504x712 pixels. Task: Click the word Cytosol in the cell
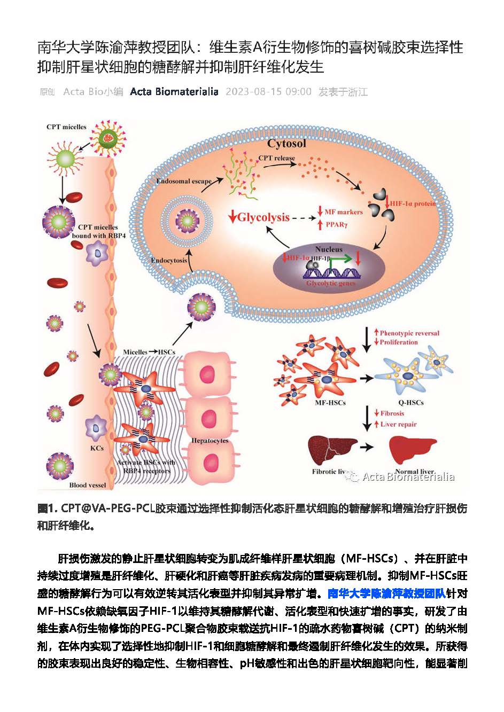[x=286, y=143]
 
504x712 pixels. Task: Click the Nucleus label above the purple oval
[x=329, y=249]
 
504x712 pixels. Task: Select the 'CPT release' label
[x=276, y=158]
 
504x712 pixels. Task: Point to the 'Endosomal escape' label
[x=184, y=181]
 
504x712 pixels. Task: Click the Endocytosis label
[x=169, y=261]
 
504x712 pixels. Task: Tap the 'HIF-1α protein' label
[x=413, y=204]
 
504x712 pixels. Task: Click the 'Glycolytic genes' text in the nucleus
[x=330, y=283]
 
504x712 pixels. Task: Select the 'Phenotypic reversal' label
[x=409, y=333]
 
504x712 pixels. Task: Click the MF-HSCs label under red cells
[x=330, y=402]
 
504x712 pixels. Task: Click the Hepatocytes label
[x=210, y=441]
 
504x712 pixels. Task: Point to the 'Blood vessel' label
[x=88, y=485]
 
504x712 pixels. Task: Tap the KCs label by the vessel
[x=97, y=448]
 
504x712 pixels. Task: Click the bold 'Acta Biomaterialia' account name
[x=174, y=92]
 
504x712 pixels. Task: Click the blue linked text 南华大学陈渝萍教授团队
[x=386, y=593]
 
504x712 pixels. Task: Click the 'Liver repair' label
[x=398, y=424]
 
